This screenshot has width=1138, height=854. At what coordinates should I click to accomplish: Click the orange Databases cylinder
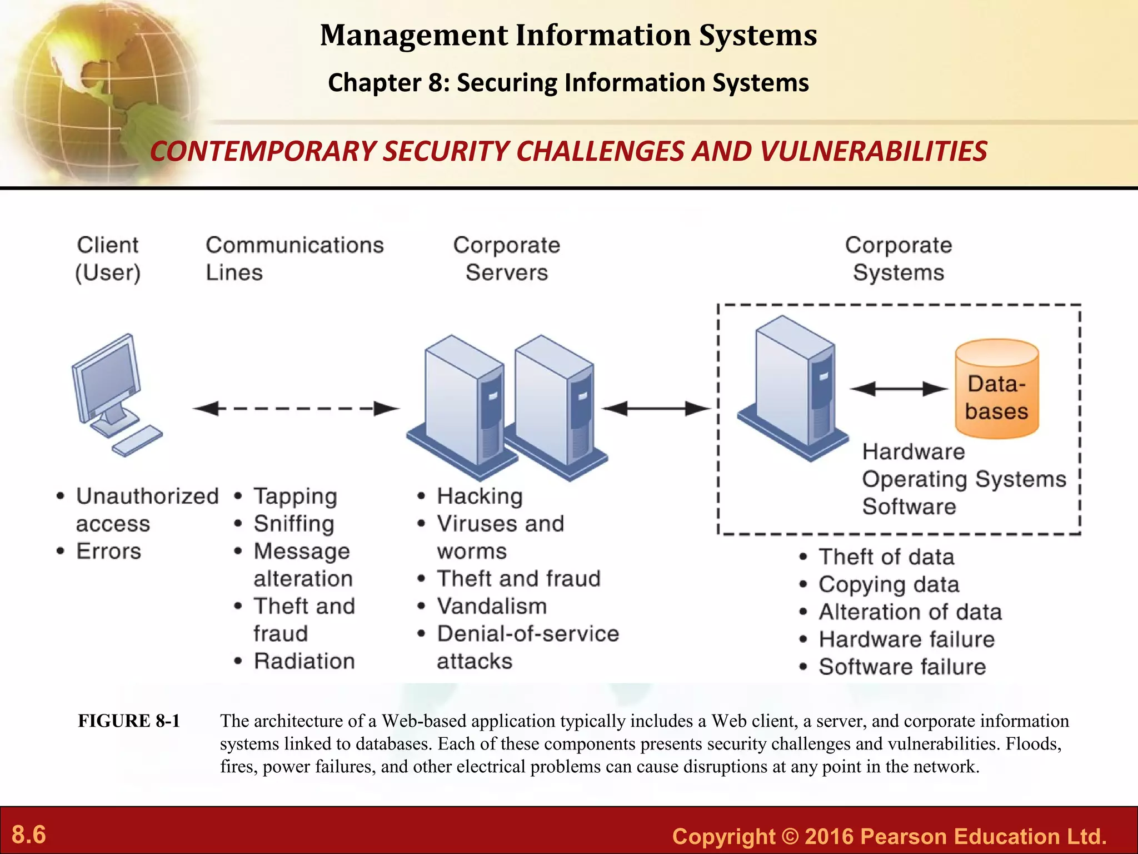pos(997,389)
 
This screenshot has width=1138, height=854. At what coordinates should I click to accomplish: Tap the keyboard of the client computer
pos(137,441)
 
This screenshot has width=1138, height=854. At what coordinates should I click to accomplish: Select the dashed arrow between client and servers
pos(296,409)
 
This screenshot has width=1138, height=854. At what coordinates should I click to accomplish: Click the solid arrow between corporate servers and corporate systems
pos(656,409)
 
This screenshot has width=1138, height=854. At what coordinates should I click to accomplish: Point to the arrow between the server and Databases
pos(899,389)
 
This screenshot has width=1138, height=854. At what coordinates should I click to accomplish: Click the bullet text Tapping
pos(295,496)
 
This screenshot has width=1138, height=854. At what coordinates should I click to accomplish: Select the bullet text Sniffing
pos(294,524)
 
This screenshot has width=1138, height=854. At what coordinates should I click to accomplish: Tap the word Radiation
pos(304,661)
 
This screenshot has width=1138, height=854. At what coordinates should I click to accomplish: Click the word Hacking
pos(480,496)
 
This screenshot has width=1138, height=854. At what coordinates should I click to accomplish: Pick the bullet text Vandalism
pos(492,606)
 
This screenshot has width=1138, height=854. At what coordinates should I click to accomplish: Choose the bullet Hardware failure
pos(906,639)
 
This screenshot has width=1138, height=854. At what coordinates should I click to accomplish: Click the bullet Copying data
pos(889,584)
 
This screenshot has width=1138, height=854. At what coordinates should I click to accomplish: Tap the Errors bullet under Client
pos(108,551)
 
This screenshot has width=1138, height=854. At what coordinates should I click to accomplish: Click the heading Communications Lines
pos(295,259)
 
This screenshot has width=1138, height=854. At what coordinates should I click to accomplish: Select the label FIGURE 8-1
pos(129,721)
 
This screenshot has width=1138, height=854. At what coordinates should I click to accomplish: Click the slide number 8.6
pos(29,835)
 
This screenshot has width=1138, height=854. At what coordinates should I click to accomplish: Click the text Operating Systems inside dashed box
pos(964,479)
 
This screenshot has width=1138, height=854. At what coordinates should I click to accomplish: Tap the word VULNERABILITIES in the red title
pos(873,151)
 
